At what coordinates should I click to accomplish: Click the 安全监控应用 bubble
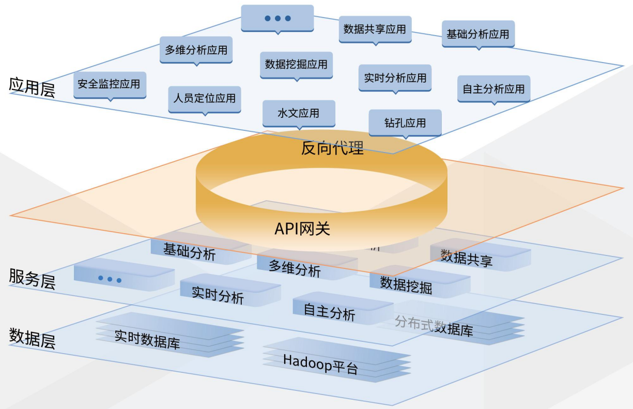click(x=109, y=84)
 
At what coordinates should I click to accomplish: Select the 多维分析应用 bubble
click(x=196, y=50)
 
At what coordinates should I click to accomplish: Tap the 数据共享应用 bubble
click(x=375, y=29)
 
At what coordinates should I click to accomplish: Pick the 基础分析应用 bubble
click(x=478, y=34)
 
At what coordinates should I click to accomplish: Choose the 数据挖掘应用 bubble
click(x=296, y=65)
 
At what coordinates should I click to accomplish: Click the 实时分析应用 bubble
click(x=395, y=78)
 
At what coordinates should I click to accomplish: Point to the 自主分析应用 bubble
click(x=493, y=89)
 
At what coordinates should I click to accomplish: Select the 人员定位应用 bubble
click(x=204, y=98)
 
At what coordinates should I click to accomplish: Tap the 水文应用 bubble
click(x=299, y=113)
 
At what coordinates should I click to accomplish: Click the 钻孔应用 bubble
click(x=405, y=123)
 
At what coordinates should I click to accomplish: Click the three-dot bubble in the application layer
click(x=277, y=18)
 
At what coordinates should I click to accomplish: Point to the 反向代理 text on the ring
click(x=333, y=148)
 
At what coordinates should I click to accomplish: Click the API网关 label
click(x=302, y=229)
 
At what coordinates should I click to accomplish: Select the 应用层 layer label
click(x=32, y=86)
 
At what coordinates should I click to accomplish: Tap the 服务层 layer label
click(x=32, y=279)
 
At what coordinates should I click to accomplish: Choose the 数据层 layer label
click(x=32, y=339)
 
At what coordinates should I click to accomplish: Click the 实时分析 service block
click(x=219, y=295)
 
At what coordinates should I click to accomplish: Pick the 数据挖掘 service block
click(x=407, y=284)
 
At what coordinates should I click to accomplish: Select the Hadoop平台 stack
click(x=321, y=364)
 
